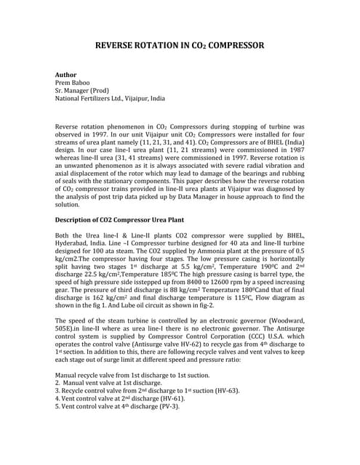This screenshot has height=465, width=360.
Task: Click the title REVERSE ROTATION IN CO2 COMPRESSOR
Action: (x=180, y=45)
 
